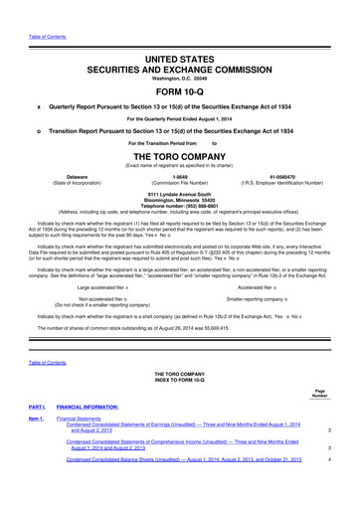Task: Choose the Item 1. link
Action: pos(36,447)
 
